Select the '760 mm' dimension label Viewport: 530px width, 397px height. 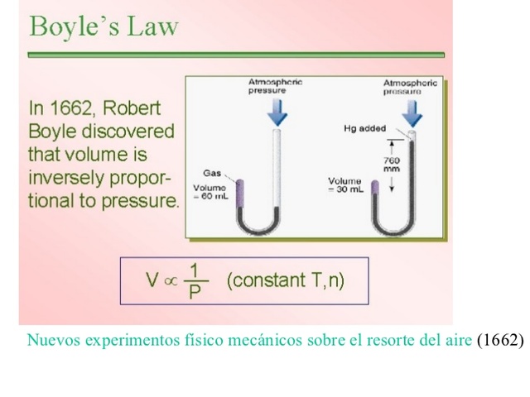click(x=392, y=164)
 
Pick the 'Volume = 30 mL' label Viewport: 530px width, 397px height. click(x=345, y=184)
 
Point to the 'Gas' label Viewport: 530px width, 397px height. click(x=212, y=173)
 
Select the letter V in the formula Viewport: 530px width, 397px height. click(x=152, y=280)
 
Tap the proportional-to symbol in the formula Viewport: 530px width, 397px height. click(x=171, y=281)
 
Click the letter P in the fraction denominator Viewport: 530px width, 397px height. click(x=195, y=292)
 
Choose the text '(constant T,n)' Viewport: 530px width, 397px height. click(x=285, y=280)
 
